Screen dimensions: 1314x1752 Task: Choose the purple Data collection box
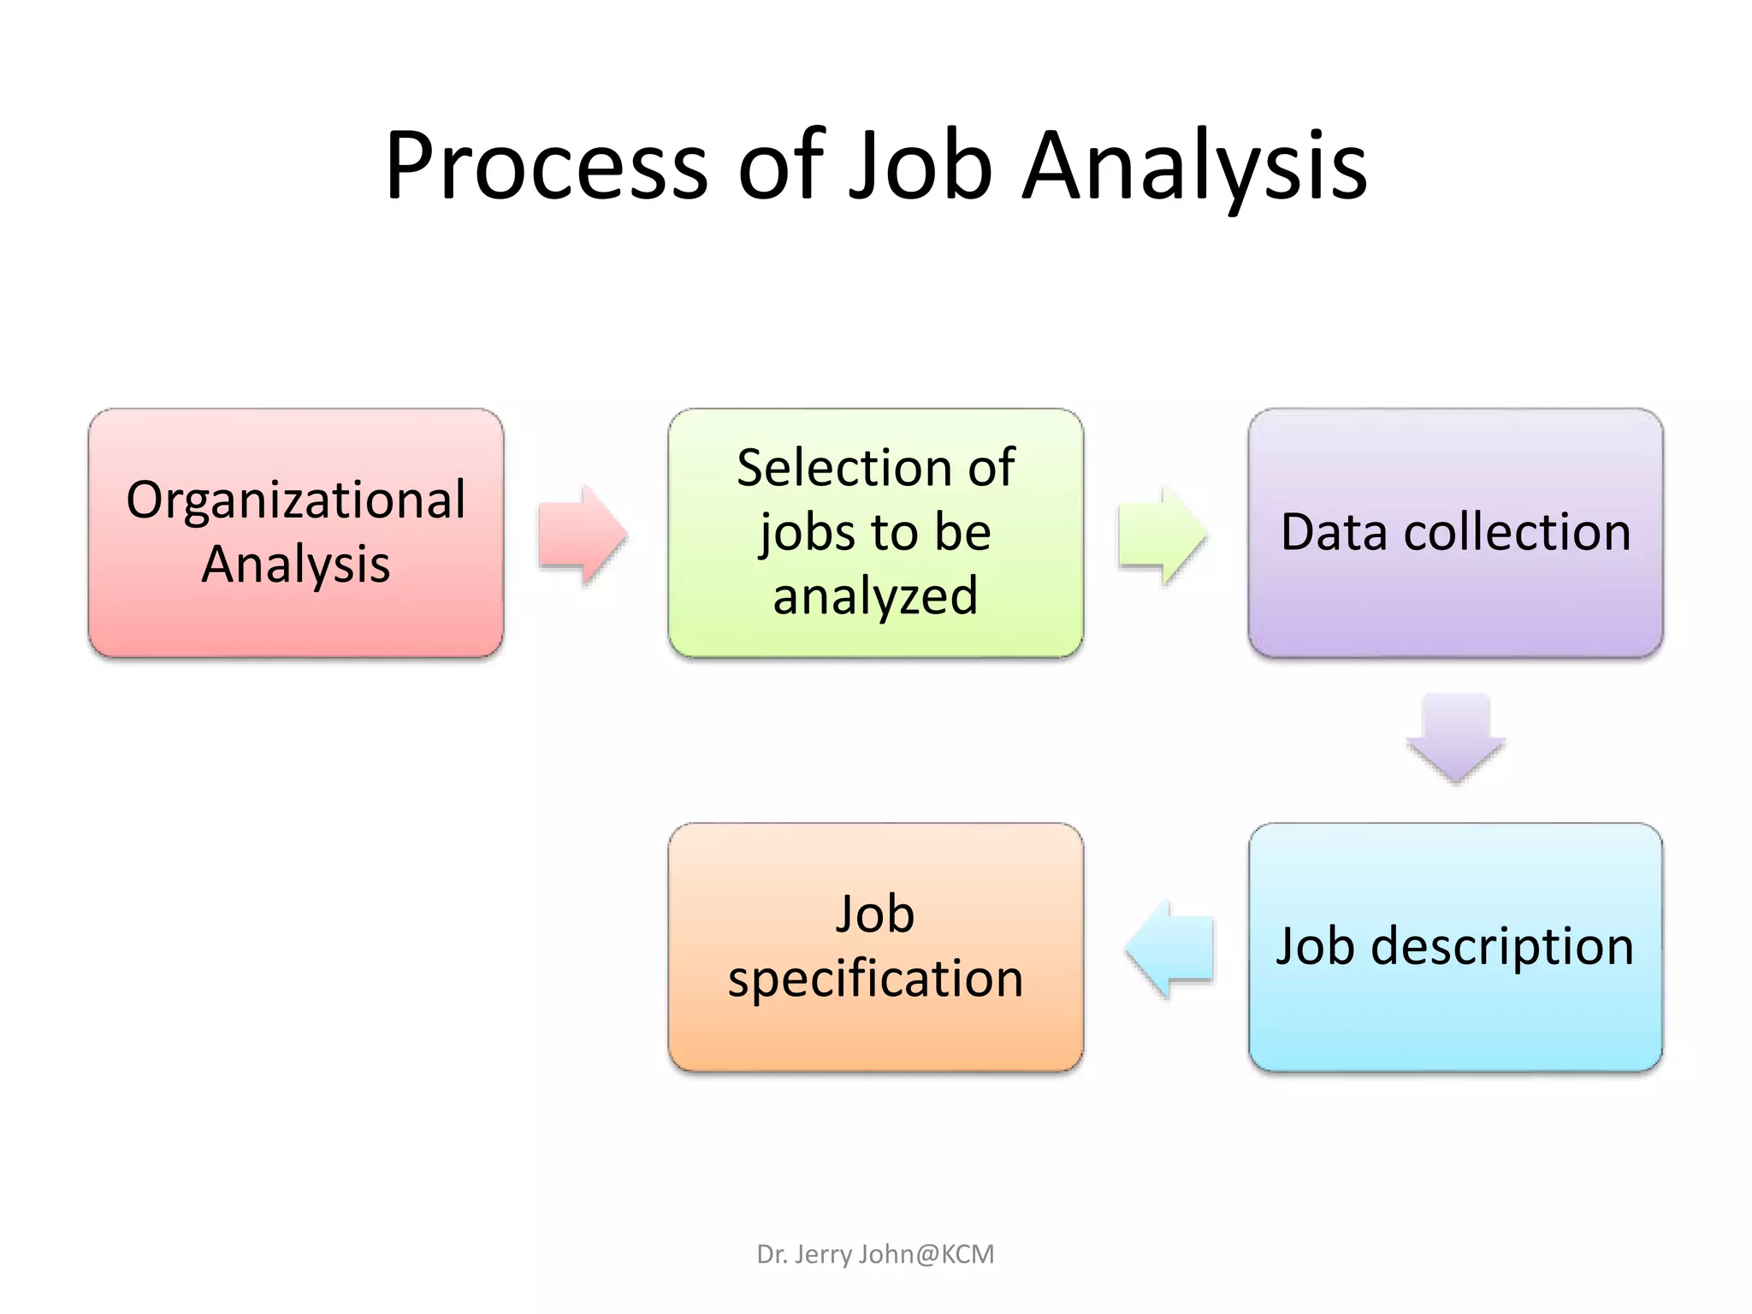point(1455,599)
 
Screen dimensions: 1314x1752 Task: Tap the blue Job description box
point(1455,1018)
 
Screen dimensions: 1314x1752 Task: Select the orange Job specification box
point(875,1035)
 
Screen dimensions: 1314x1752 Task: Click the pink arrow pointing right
point(582,536)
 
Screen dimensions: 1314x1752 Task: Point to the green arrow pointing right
point(1162,536)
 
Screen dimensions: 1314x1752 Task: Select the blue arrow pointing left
point(1169,948)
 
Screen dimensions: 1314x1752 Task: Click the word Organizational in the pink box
point(296,500)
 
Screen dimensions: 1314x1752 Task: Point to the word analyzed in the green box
point(875,596)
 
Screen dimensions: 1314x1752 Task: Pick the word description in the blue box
point(1502,947)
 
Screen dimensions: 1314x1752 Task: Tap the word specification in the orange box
point(875,979)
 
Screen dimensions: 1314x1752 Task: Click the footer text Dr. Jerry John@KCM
point(875,1254)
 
